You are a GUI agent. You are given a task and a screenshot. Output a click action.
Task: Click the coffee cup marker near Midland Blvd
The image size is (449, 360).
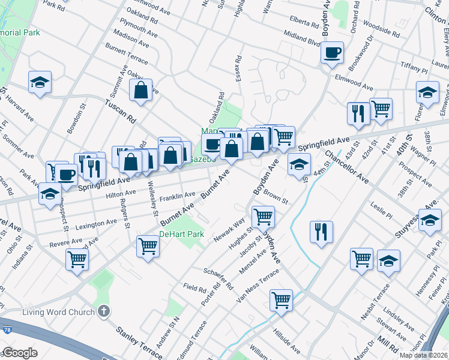[x=332, y=53]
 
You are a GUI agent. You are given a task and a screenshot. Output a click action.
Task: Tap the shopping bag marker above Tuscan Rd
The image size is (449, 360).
[x=141, y=90]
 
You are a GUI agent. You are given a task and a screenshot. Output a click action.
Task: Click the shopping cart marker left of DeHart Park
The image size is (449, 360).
[x=148, y=245]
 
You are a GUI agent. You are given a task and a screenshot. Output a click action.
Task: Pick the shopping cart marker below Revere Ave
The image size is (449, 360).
[x=77, y=260]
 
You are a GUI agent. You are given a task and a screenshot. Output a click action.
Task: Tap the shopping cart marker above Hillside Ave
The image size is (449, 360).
[x=281, y=299]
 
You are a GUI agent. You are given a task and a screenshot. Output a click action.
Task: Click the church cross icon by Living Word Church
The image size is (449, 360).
[x=104, y=311]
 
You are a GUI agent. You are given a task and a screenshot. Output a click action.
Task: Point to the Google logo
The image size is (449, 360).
[x=20, y=353]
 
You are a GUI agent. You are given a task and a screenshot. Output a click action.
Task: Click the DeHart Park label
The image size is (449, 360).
[x=182, y=234]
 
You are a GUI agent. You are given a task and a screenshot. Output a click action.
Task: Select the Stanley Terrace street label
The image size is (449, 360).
[x=137, y=339]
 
